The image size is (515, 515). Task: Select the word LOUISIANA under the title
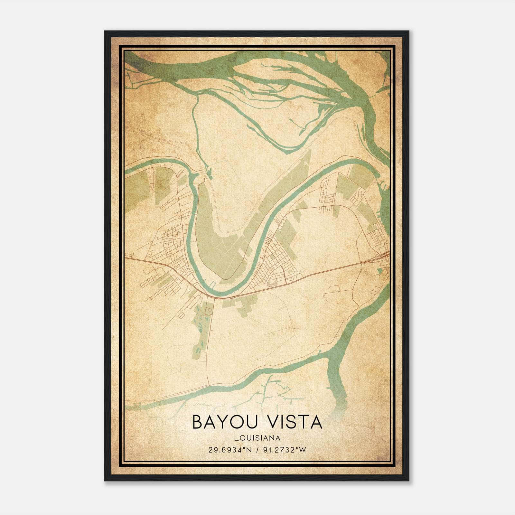(x=257, y=438)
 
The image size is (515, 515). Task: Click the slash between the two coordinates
(x=257, y=450)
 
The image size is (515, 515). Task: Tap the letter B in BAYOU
(x=198, y=422)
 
